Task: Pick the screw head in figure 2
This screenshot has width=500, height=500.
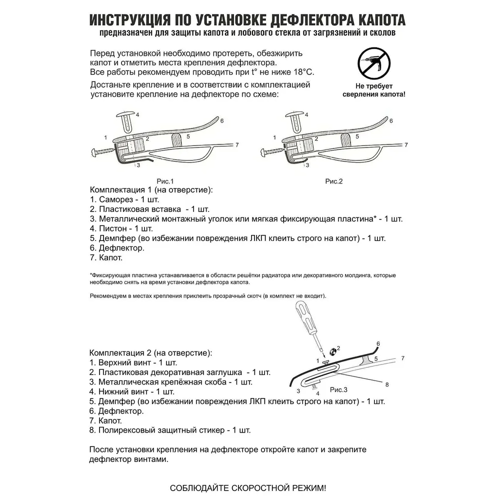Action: tap(265, 150)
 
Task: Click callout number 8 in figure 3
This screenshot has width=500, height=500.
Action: tap(386, 384)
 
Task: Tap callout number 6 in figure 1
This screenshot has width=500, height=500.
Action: tap(221, 121)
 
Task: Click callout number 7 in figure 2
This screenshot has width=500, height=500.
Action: tap(406, 144)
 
